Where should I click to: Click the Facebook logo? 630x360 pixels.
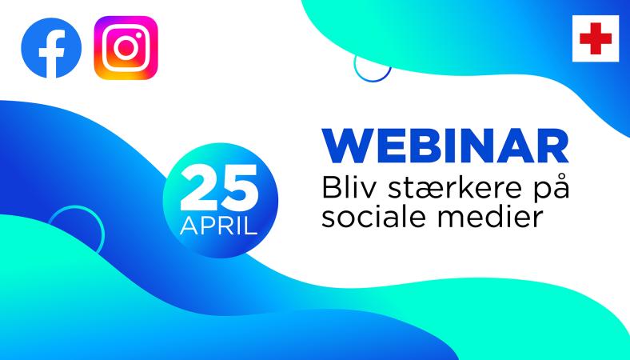[x=51, y=47]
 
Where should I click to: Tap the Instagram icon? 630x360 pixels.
[x=126, y=47]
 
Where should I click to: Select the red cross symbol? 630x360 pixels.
[x=596, y=38]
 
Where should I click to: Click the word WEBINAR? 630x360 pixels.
[x=446, y=146]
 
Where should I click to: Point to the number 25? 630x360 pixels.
[x=219, y=187]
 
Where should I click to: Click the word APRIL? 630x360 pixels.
[x=218, y=226]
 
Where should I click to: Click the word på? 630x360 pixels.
[x=552, y=189]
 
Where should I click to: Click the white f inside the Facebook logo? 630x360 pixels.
[x=52, y=53]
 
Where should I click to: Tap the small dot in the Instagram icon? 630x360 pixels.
[x=138, y=35]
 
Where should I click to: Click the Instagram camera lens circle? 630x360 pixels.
[x=126, y=48]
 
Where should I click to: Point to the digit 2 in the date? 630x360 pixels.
[x=198, y=187]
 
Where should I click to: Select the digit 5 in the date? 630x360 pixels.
[x=240, y=188]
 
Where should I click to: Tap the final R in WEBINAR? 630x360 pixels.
[x=555, y=146]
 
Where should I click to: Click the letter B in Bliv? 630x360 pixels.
[x=332, y=188]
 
